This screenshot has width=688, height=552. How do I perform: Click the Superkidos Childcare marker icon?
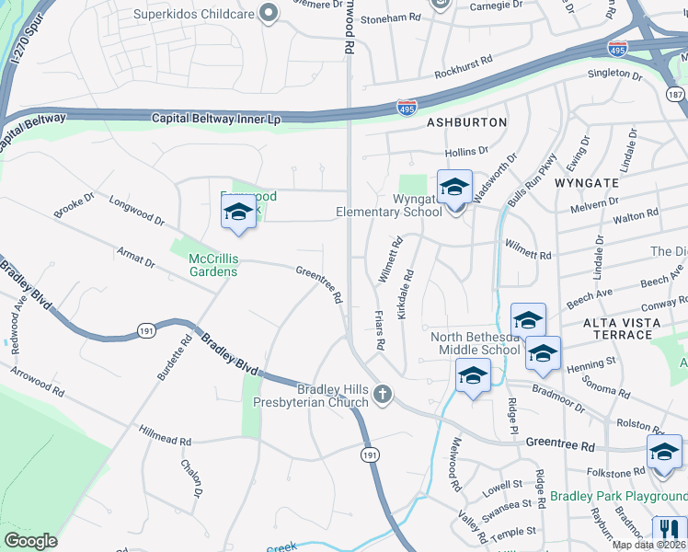point(269,13)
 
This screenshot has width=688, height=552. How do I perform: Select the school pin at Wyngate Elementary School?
point(454,190)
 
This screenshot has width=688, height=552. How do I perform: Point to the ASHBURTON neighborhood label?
point(466,122)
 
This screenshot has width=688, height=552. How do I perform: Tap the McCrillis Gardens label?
point(213,264)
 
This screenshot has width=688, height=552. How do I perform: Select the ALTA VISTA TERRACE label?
point(622,328)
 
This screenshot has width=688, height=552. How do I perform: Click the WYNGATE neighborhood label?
point(587,183)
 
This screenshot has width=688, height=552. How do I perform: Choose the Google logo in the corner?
point(30,540)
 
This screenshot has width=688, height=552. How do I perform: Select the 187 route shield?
point(676,94)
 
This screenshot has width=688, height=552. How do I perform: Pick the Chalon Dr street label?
point(191,478)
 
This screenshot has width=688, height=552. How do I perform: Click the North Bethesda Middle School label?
point(476,343)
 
